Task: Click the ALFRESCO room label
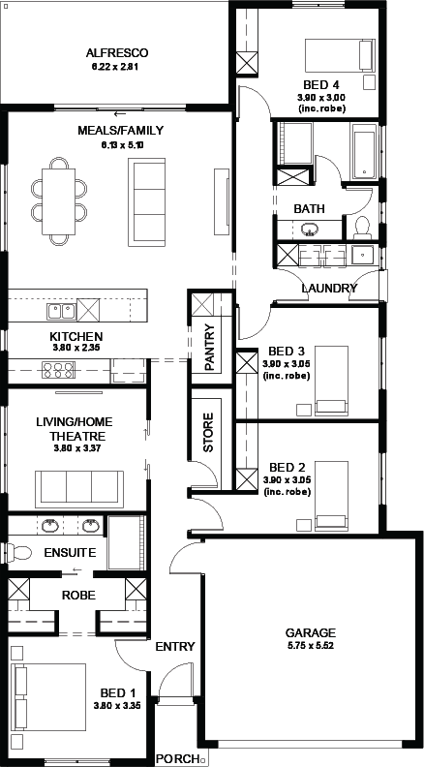pyautogui.click(x=117, y=53)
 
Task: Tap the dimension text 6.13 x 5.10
pyautogui.click(x=117, y=145)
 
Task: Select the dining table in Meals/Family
pyautogui.click(x=59, y=201)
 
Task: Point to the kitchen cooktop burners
pyautogui.click(x=58, y=370)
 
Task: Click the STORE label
pyautogui.click(x=208, y=433)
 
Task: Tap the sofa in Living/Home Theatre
pyautogui.click(x=79, y=489)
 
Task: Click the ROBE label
pyautogui.click(x=78, y=596)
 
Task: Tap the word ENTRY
pyautogui.click(x=175, y=647)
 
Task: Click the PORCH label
pyautogui.click(x=176, y=759)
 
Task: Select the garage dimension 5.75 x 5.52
pyautogui.click(x=310, y=645)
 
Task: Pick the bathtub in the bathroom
pyautogui.click(x=363, y=152)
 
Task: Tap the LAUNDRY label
pyautogui.click(x=329, y=288)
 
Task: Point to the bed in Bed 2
pyautogui.click(x=332, y=496)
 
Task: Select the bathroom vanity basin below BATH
pyautogui.click(x=309, y=229)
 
